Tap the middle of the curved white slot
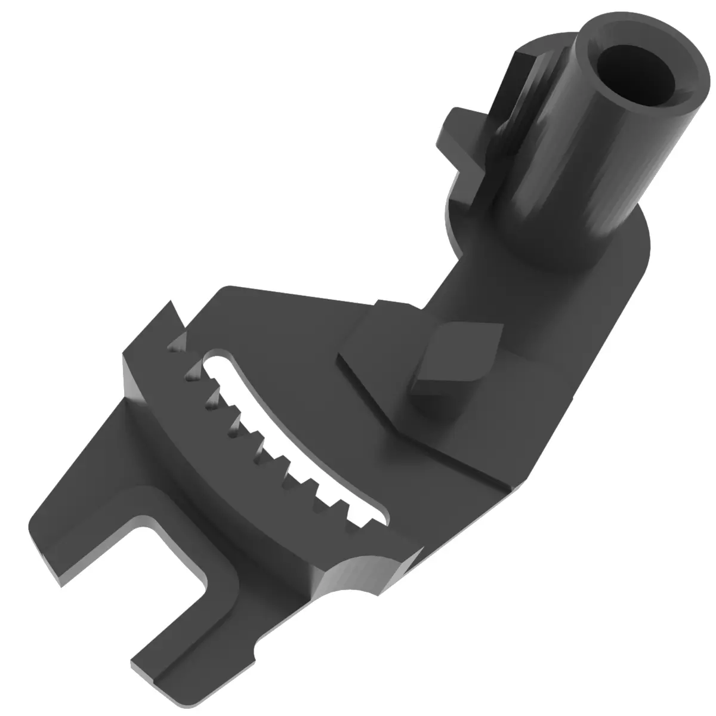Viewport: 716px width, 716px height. click(x=286, y=442)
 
